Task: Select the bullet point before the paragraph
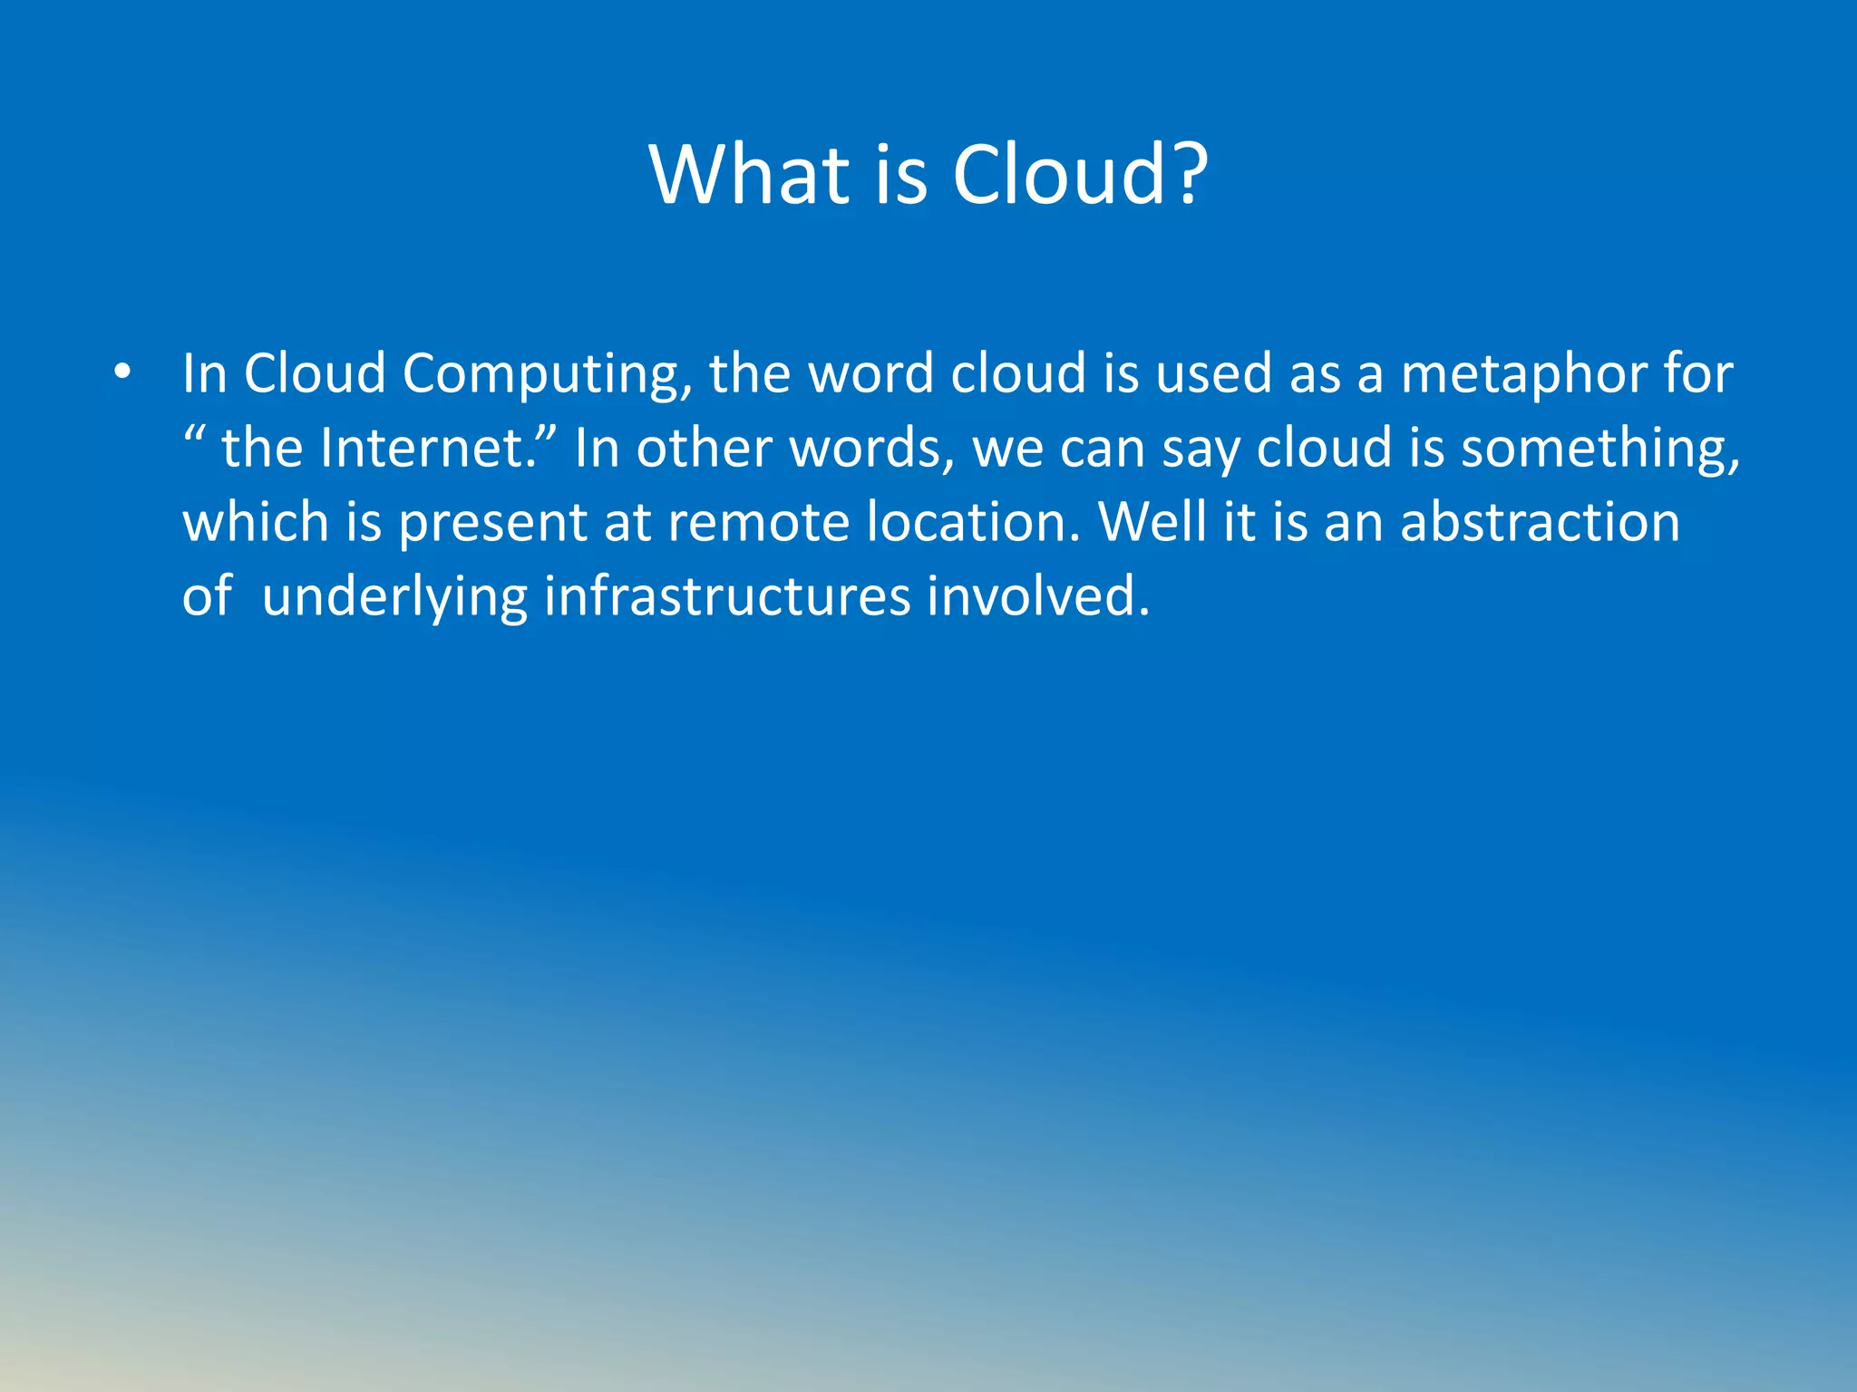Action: point(123,372)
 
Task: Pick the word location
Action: point(971,523)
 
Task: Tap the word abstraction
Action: point(1539,523)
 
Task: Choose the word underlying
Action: point(394,598)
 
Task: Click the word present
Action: point(493,525)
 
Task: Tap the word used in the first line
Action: point(1213,374)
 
